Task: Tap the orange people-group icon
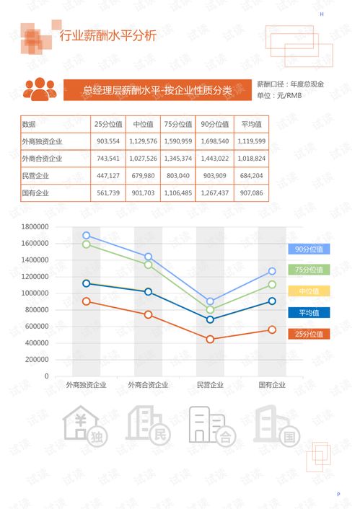pos(40,89)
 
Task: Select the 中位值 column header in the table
pos(141,123)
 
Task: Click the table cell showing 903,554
pos(107,141)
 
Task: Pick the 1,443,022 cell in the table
pos(214,158)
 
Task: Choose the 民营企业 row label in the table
pos(36,175)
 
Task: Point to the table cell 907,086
pos(250,192)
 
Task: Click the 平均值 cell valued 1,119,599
pos(250,141)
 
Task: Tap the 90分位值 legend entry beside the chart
pos(309,249)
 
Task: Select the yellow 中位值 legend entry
pos(309,291)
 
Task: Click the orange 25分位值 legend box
pos(309,333)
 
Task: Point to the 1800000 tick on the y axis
pos(35,226)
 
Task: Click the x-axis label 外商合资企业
pos(148,385)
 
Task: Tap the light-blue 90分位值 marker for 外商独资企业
pos(87,235)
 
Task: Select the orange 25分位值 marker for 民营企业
pos(210,339)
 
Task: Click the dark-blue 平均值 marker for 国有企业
pos(272,301)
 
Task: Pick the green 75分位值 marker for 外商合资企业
pos(148,265)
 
